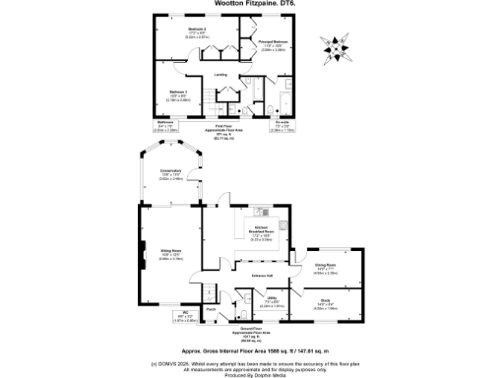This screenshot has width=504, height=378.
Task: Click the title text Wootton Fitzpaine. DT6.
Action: click(251, 5)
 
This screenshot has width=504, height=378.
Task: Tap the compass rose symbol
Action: click(337, 44)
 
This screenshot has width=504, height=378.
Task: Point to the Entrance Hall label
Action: click(262, 276)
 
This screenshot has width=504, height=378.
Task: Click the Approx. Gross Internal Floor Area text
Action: click(251, 349)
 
